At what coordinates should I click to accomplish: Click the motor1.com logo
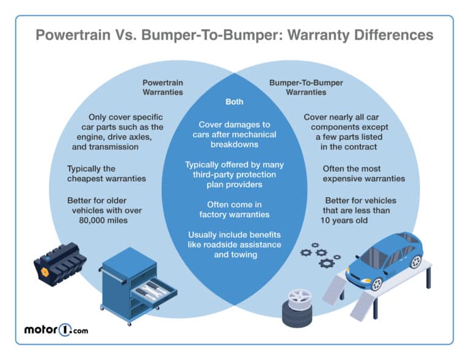click(57, 330)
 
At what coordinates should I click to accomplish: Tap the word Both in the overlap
click(235, 101)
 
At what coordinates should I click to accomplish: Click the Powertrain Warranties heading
click(162, 87)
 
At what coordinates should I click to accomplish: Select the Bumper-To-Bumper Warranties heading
click(307, 87)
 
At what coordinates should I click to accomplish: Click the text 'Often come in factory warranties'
click(234, 209)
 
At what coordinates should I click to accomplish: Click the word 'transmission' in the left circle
click(114, 146)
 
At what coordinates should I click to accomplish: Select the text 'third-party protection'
click(234, 175)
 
